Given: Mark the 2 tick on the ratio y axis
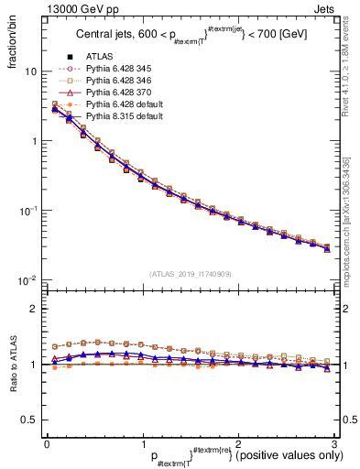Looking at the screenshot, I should click(x=35, y=309).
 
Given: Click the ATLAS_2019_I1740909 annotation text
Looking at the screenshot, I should click(x=191, y=273).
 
